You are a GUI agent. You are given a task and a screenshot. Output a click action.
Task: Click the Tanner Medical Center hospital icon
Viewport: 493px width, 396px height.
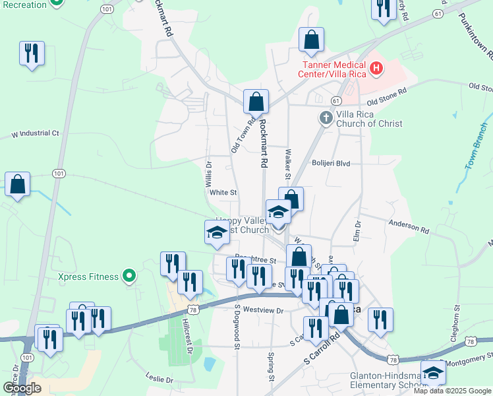pos(376,67)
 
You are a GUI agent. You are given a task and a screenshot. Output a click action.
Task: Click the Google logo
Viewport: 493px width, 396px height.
pos(22,388)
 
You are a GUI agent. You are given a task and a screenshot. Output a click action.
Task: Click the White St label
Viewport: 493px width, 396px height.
pos(223,193)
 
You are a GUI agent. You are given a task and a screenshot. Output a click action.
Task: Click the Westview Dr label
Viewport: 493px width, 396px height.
pos(262,310)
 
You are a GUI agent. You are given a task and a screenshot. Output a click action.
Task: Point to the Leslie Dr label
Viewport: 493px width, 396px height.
pos(159,379)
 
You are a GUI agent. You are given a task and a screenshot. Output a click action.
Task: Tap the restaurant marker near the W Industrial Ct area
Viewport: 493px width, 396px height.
pos(32,53)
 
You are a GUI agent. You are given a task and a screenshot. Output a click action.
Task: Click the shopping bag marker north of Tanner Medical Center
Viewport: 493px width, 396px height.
pos(311,40)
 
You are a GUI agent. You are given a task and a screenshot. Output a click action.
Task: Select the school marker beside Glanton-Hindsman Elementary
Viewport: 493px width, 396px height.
pos(433,373)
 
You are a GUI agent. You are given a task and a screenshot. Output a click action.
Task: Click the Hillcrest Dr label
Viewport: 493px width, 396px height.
pos(188,333)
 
